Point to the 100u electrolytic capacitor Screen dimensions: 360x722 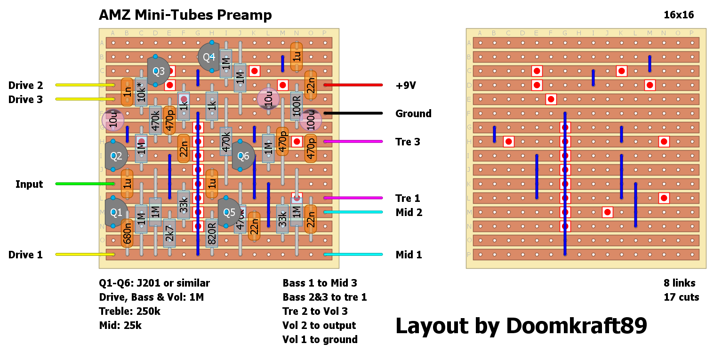[x=311, y=120]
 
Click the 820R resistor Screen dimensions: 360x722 [x=212, y=233]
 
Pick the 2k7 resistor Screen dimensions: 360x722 [x=169, y=233]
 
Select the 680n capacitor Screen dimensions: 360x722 [x=127, y=233]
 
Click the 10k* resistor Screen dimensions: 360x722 [x=141, y=92]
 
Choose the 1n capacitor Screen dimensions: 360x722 [x=127, y=92]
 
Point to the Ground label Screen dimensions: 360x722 [x=413, y=114]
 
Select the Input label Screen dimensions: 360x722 [x=29, y=184]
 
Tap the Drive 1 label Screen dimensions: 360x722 [x=25, y=255]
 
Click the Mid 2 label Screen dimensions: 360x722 [x=409, y=213]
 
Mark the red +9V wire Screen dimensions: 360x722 [x=353, y=85]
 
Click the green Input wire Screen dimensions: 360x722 [x=85, y=184]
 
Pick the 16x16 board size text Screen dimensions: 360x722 [x=679, y=15]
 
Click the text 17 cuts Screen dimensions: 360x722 [x=681, y=297]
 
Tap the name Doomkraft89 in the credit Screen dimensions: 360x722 [x=577, y=326]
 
